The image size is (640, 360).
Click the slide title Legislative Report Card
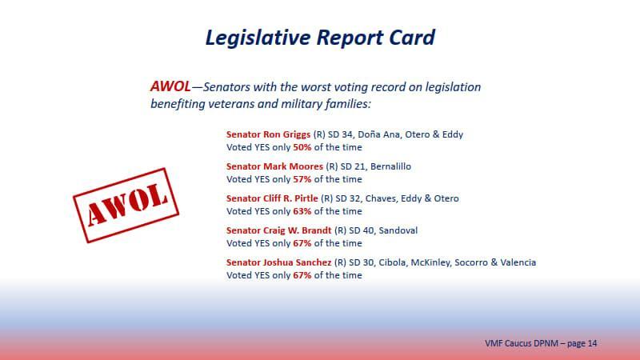pos(320,38)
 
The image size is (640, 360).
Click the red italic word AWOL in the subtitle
pos(170,86)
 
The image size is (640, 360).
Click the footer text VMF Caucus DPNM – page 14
pos(541,343)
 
